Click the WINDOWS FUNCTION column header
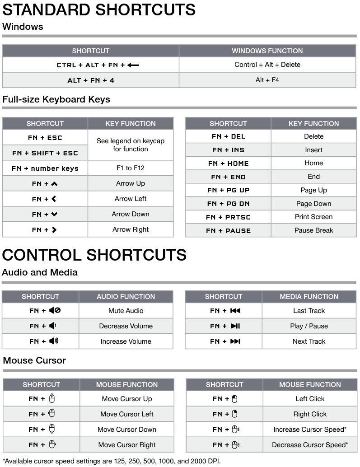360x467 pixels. [x=267, y=51]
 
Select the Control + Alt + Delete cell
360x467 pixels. [x=267, y=65]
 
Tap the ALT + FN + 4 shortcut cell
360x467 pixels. [x=91, y=80]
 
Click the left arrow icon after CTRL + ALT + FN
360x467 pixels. [x=133, y=65]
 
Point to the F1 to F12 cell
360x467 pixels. [x=130, y=168]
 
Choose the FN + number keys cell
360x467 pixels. [x=45, y=168]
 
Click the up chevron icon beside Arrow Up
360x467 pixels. [x=54, y=184]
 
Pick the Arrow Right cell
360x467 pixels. [x=130, y=229]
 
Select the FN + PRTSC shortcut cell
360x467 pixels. [x=228, y=217]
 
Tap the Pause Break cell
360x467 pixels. [x=313, y=230]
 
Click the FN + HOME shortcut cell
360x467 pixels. [x=228, y=163]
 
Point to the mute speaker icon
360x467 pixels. [x=55, y=311]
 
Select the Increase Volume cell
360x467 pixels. [x=126, y=341]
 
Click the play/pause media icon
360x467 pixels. [x=235, y=326]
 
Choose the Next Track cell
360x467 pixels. [x=309, y=341]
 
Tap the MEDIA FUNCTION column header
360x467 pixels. [x=309, y=296]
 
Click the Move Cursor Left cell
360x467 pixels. [x=126, y=414]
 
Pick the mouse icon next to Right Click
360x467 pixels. [x=234, y=414]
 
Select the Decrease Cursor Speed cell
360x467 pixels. [x=309, y=445]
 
